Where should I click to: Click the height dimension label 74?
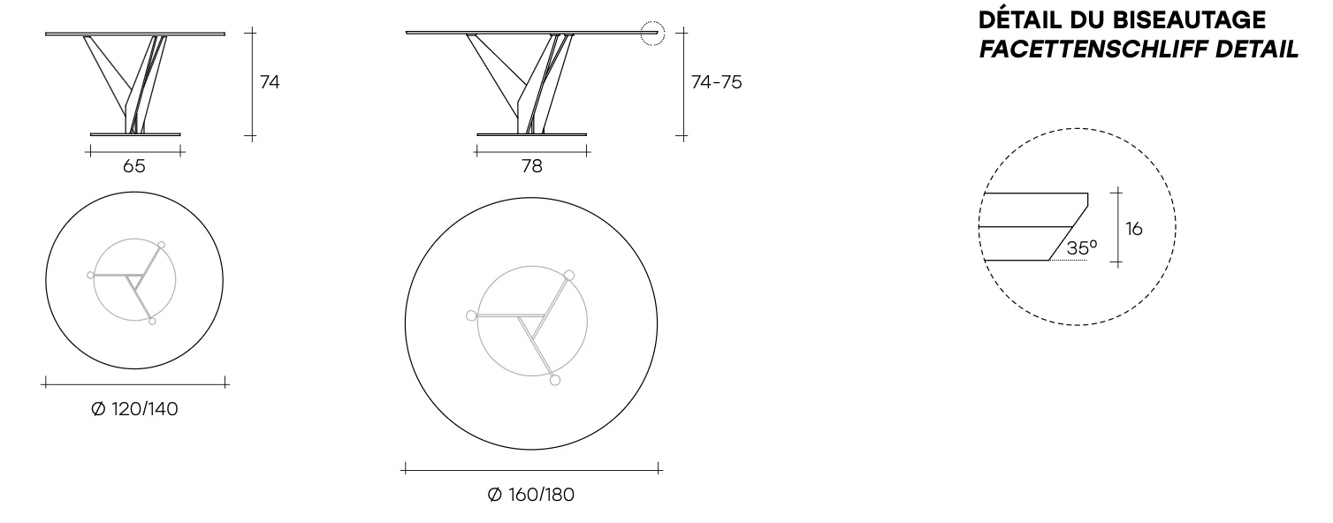(x=270, y=82)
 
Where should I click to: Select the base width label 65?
(x=133, y=166)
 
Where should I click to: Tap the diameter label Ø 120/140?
(x=134, y=409)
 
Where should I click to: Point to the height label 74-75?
(x=717, y=82)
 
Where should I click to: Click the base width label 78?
(x=532, y=166)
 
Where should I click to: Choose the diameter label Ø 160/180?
(x=531, y=495)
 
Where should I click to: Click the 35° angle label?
(x=1082, y=247)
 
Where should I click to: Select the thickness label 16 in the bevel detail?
(x=1134, y=229)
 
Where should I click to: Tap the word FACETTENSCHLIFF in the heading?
(x=1093, y=49)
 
